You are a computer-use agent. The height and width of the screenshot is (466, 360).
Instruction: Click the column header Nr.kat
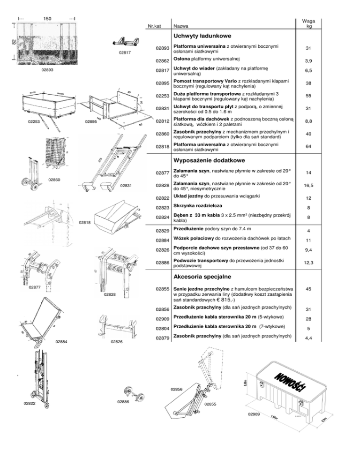tap(155, 26)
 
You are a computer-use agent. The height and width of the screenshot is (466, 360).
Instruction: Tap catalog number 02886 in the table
tap(162, 263)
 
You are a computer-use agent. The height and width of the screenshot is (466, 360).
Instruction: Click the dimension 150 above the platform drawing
tap(47, 18)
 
